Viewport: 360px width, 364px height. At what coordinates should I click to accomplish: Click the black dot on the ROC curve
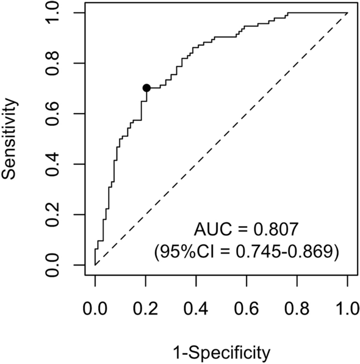(146, 88)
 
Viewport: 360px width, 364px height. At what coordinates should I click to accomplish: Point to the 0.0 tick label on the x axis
(95, 309)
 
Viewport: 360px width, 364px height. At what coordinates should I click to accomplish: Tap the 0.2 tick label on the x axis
(146, 309)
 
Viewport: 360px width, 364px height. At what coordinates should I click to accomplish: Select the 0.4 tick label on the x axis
(196, 309)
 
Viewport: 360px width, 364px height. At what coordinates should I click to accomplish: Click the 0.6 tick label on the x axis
(247, 309)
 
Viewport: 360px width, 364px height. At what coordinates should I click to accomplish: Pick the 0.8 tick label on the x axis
(297, 309)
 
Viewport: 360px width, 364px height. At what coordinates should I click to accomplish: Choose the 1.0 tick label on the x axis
(347, 309)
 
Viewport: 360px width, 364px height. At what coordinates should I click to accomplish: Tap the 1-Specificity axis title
(221, 352)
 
